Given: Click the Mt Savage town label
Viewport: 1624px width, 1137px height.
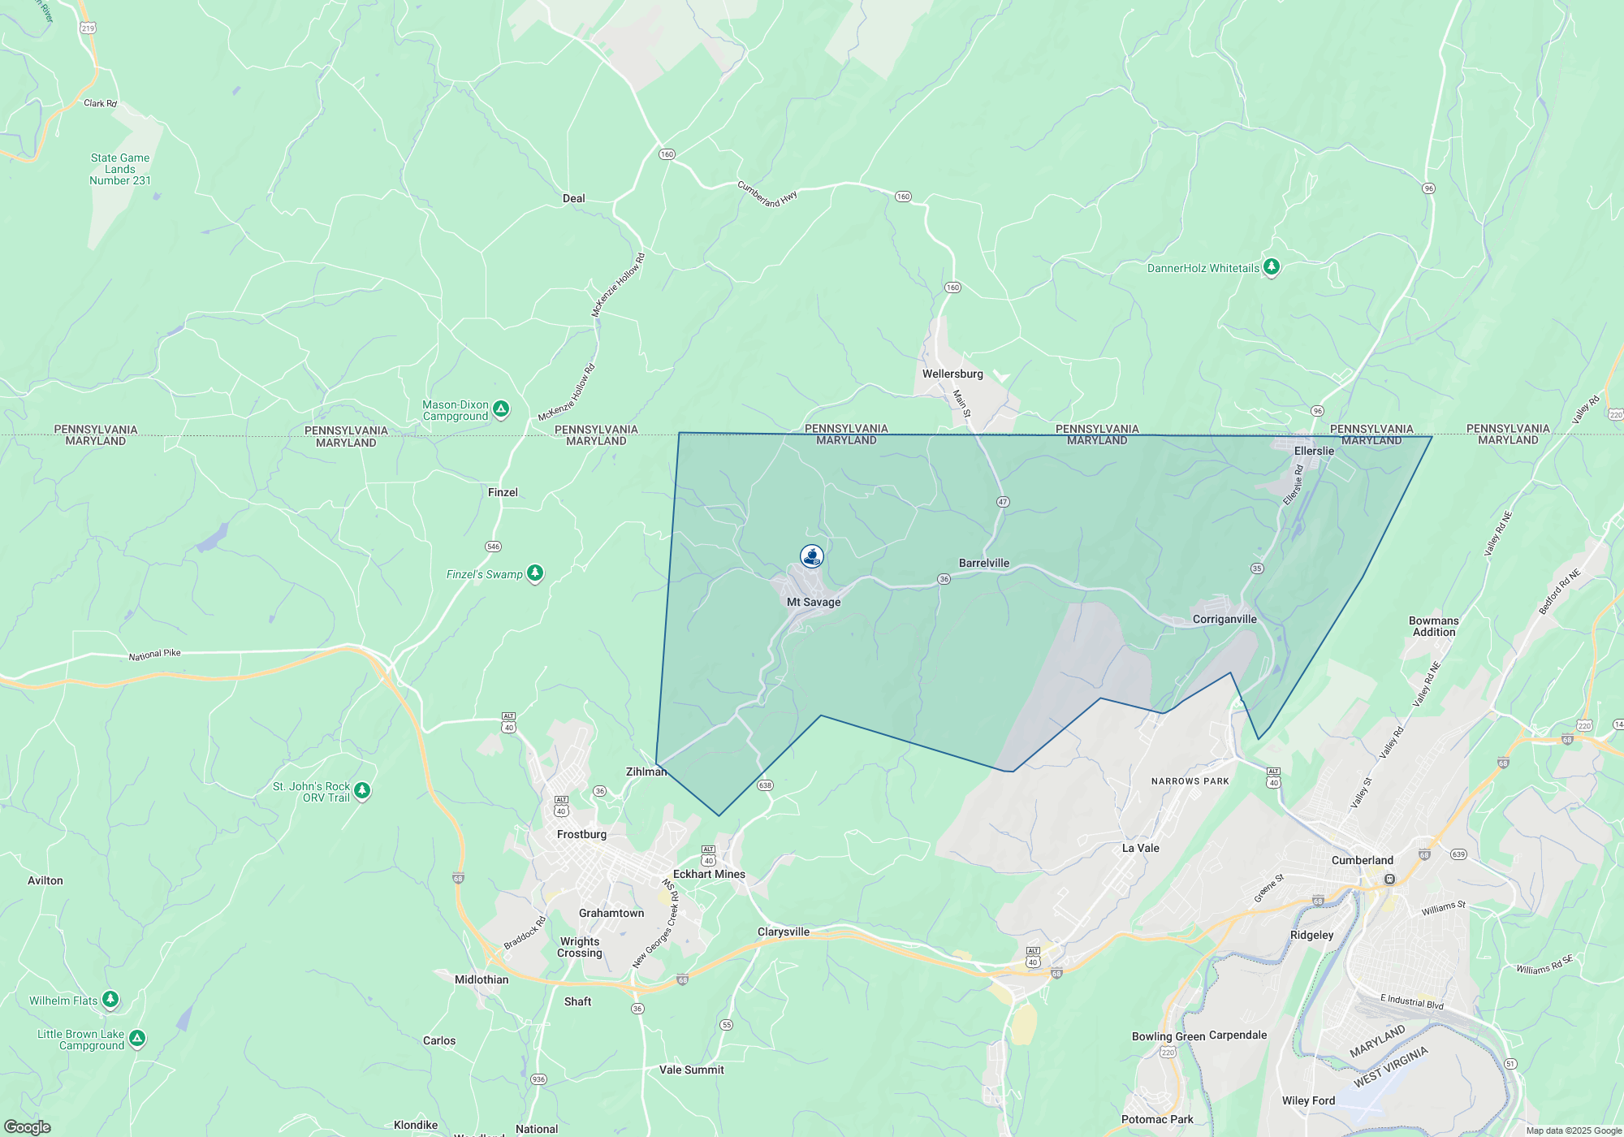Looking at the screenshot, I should tap(814, 602).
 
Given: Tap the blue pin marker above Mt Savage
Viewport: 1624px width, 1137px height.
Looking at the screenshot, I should tap(812, 556).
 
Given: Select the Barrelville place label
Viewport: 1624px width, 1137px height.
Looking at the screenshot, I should tap(984, 563).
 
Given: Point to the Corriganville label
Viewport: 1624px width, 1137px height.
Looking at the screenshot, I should tap(1224, 619).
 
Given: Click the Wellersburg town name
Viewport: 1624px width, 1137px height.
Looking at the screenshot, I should tap(952, 374).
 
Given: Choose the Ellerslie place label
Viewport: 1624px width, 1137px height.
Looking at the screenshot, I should tap(1314, 451).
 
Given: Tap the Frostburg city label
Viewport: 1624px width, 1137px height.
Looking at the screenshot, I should tap(581, 834).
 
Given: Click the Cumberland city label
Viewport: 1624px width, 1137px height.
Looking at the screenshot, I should tap(1363, 860).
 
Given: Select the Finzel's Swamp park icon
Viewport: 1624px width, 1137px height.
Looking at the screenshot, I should tap(535, 573).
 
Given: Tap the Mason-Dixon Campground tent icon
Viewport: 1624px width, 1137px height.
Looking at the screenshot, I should tap(502, 409).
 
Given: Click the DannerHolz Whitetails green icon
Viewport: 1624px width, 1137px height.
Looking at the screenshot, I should tap(1272, 266).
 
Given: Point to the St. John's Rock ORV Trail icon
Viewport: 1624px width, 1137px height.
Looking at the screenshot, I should tap(362, 789).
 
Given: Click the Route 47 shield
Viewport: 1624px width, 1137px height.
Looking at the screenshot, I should tap(1003, 502).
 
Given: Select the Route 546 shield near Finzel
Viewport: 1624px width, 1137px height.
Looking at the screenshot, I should tap(494, 547).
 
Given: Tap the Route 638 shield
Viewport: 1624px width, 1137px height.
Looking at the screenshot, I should tap(765, 785).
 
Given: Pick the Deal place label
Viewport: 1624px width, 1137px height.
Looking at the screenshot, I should tap(574, 198).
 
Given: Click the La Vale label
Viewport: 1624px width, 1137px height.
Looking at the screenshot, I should tap(1141, 848).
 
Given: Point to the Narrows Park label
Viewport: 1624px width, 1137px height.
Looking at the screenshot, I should tap(1190, 781).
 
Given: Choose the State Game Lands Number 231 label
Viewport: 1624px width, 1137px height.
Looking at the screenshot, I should tap(120, 169).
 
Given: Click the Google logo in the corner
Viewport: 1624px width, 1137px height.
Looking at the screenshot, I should tap(27, 1127).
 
